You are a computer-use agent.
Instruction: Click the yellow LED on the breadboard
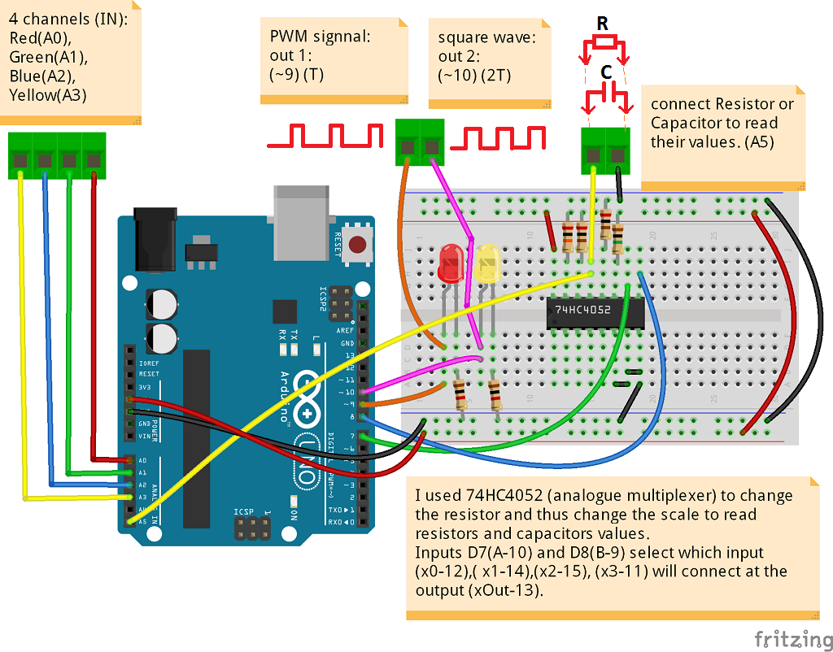coord(487,265)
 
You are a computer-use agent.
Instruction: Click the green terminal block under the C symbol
coord(606,150)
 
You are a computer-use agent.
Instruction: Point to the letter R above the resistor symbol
coord(602,24)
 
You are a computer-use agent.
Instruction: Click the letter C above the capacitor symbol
coord(606,73)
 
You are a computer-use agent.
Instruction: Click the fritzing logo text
coord(787,637)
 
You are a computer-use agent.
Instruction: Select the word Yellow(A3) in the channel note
coord(48,95)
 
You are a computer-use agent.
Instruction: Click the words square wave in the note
coord(486,37)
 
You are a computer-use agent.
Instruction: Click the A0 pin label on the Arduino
coord(143,460)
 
